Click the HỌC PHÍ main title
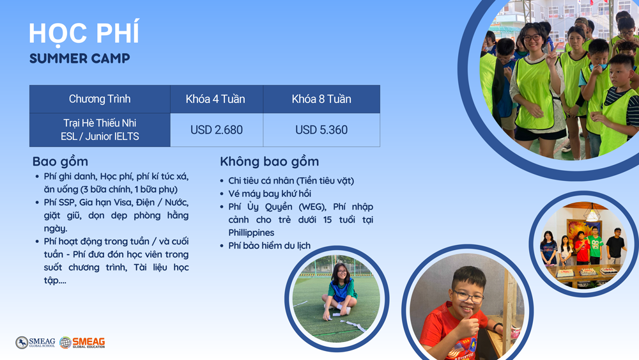pyautogui.click(x=84, y=33)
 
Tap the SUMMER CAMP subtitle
pyautogui.click(x=79, y=58)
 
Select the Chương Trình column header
pyautogui.click(x=100, y=99)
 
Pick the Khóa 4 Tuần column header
pyautogui.click(x=215, y=99)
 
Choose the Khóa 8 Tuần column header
pyautogui.click(x=321, y=99)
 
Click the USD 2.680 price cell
pyautogui.click(x=217, y=130)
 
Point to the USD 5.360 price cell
pyautogui.click(x=321, y=130)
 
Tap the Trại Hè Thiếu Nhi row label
pyautogui.click(x=100, y=123)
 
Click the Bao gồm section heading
pyautogui.click(x=60, y=161)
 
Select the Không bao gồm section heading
pyautogui.click(x=270, y=161)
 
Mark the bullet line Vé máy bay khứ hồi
pyautogui.click(x=270, y=194)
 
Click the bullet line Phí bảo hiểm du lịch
pyautogui.click(x=270, y=246)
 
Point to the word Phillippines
pyautogui.click(x=251, y=232)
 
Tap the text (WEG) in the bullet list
pyautogui.click(x=311, y=207)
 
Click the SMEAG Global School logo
pyautogui.click(x=35, y=343)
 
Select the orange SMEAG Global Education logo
pyautogui.click(x=82, y=343)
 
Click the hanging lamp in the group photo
pyautogui.click(x=592, y=212)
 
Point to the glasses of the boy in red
pyautogui.click(x=468, y=297)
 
